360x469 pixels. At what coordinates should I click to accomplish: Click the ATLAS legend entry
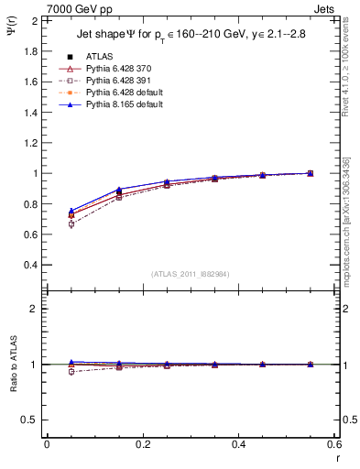point(99,58)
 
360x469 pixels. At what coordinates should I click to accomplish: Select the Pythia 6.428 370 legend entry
point(115,70)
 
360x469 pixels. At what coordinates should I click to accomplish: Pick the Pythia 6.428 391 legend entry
point(115,82)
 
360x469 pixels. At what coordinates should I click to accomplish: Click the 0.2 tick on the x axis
point(142,443)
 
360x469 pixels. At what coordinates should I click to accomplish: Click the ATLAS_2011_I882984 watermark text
point(190,274)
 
